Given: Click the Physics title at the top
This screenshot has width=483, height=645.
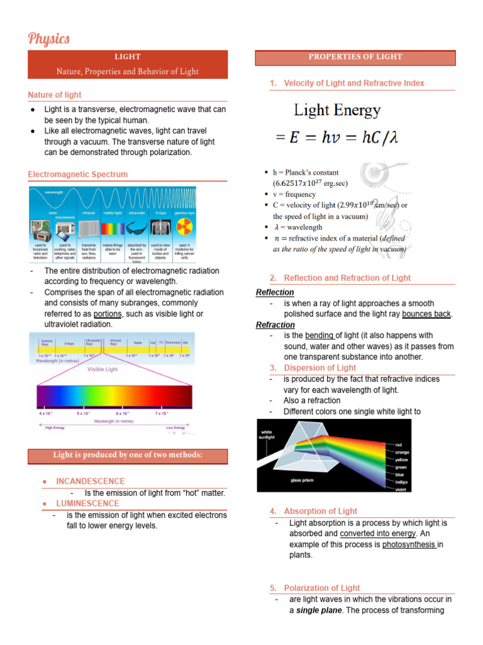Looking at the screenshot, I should point(48,39).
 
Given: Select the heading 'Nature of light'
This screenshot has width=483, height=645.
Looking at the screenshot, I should point(55,95).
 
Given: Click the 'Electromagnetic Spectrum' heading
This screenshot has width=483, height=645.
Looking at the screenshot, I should point(77,174).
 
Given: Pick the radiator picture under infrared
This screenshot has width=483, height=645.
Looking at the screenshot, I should point(88,228).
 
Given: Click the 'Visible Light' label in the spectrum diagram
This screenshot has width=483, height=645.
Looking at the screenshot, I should point(102,370).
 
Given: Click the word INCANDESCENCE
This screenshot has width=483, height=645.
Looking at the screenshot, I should point(91,481).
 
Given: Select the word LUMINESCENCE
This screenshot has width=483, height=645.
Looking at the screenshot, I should point(87,503).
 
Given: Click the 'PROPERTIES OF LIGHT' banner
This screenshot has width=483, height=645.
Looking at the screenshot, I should point(355,57).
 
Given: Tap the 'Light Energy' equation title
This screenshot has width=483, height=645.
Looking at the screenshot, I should point(337,111).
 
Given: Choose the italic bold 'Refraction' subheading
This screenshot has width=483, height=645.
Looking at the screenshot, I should point(275,325).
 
